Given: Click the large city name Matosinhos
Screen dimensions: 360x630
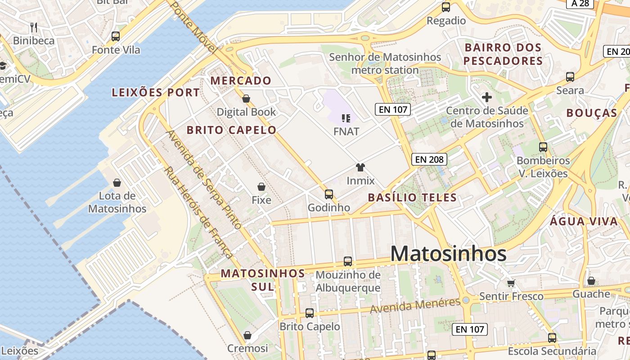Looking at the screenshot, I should pos(448,254).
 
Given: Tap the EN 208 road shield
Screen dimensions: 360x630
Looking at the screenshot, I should pos(430,159).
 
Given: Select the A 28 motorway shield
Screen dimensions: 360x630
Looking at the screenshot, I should pos(580,4).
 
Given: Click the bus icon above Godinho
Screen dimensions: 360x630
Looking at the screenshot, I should pos(329,194).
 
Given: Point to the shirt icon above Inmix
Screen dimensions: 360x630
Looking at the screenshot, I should pos(360,168).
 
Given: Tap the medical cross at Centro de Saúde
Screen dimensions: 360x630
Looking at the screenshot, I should pos(486,97).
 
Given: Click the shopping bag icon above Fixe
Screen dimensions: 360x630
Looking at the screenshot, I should pos(261,186).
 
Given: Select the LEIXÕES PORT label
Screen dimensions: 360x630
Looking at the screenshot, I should pos(156,93).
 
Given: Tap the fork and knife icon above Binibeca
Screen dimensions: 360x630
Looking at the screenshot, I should pos(33,27).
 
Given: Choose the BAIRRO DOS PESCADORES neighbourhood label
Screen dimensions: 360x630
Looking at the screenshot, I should pos(503,54).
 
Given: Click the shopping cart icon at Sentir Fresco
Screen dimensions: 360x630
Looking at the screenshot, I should pos(511,283).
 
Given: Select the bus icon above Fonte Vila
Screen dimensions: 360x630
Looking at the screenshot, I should pos(116,36).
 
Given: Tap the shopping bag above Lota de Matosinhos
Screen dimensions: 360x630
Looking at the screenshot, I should pos(117,183).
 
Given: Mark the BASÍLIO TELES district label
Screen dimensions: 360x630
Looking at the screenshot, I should pos(412,197).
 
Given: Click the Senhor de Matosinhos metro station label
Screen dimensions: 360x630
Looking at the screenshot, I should pos(385,63).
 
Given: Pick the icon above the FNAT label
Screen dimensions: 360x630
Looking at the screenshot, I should pos(346,118).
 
